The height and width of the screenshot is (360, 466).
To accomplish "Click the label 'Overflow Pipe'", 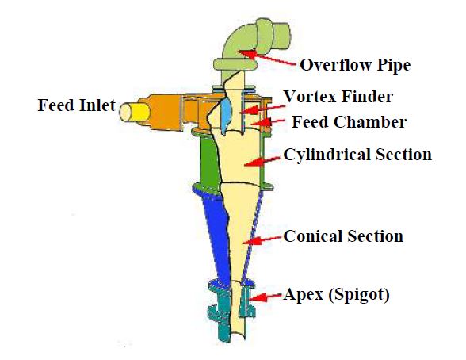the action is pos(355,65).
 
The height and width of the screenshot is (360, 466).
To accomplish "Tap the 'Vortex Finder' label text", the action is pos(338,96).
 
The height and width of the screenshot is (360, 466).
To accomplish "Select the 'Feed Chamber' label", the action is pos(349,121).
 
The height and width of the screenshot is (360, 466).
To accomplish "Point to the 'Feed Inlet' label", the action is pos(76,105).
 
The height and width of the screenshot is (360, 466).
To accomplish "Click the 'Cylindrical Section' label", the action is pos(357,155).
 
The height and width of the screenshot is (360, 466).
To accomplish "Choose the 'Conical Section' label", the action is pos(343,236).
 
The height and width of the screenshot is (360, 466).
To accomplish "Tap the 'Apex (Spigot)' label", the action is pos(336,295).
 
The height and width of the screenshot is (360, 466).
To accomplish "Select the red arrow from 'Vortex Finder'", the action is pos(262,109).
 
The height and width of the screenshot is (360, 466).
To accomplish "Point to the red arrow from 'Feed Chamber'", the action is pos(268,121).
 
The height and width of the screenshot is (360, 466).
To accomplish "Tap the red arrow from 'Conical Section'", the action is pos(262,240).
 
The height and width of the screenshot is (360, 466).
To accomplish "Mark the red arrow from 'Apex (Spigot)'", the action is pos(265,297).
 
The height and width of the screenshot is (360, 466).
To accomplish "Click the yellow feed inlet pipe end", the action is pos(135,112).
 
